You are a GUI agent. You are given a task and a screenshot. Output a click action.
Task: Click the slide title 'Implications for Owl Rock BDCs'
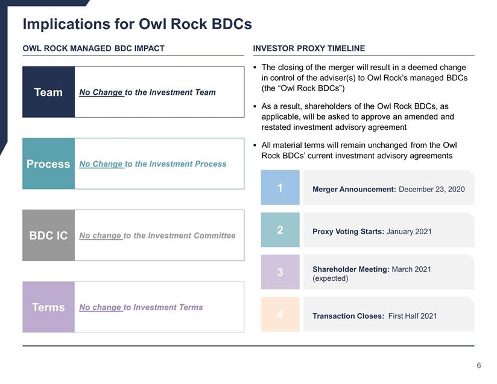pyautogui.click(x=138, y=24)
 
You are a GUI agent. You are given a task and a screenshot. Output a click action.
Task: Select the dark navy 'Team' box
pyautogui.click(x=48, y=92)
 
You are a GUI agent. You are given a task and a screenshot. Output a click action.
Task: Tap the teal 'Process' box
pyautogui.click(x=48, y=164)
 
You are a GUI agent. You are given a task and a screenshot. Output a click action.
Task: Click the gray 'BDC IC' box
pyautogui.click(x=48, y=235)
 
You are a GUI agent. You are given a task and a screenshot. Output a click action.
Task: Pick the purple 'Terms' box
pyautogui.click(x=48, y=307)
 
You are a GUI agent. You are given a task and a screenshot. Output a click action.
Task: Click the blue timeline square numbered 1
pyautogui.click(x=280, y=188)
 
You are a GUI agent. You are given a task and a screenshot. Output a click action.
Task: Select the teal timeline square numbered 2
pyautogui.click(x=280, y=230)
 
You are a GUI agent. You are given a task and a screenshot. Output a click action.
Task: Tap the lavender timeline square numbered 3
pyautogui.click(x=280, y=272)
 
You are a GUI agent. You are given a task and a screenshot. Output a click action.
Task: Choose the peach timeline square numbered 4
pyautogui.click(x=280, y=315)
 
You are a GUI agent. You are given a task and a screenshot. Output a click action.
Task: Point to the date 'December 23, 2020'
pyautogui.click(x=432, y=190)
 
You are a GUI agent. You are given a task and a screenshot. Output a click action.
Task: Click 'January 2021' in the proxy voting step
pyautogui.click(x=409, y=232)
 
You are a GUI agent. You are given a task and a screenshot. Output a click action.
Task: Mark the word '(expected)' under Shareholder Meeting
pyautogui.click(x=331, y=278)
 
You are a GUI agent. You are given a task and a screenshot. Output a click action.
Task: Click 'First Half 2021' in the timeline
pyautogui.click(x=413, y=316)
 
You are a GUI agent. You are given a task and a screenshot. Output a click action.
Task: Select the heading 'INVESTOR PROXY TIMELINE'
pyautogui.click(x=309, y=48)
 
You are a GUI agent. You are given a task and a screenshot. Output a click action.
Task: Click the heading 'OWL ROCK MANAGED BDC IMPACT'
pyautogui.click(x=93, y=48)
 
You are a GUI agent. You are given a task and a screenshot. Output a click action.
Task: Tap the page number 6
pyautogui.click(x=479, y=366)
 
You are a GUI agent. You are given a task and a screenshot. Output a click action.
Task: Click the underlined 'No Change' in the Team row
pyautogui.click(x=101, y=92)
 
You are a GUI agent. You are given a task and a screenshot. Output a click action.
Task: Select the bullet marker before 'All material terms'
pyautogui.click(x=255, y=146)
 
